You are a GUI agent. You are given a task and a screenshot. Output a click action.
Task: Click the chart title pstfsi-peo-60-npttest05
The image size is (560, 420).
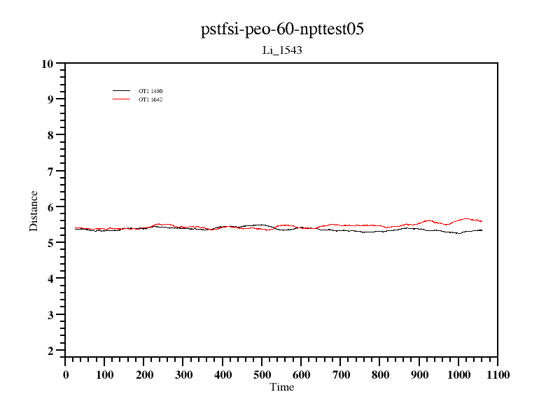pyautogui.click(x=282, y=29)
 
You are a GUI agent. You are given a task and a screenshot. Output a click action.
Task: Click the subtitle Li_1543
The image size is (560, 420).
pyautogui.click(x=281, y=50)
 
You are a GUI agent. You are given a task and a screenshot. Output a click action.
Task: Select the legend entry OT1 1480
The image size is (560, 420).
pyautogui.click(x=150, y=91)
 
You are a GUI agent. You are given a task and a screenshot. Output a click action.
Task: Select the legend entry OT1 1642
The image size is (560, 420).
pyautogui.click(x=150, y=99)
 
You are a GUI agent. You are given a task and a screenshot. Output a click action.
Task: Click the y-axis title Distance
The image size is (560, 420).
pyautogui.click(x=34, y=211)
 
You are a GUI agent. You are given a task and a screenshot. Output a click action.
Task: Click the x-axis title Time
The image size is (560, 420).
pyautogui.click(x=282, y=387)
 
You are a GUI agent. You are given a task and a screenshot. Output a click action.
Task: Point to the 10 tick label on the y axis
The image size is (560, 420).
pyautogui.click(x=48, y=64)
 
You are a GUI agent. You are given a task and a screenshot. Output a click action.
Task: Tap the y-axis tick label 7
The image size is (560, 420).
pyautogui.click(x=50, y=171)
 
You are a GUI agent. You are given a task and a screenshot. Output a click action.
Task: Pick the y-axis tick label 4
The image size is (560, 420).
pyautogui.click(x=50, y=279)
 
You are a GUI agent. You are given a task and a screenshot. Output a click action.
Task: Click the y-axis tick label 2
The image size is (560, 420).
pyautogui.click(x=50, y=351)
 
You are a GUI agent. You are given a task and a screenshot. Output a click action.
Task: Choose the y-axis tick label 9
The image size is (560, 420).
pyautogui.click(x=50, y=99)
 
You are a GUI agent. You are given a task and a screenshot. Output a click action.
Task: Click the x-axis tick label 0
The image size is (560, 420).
pyautogui.click(x=66, y=375)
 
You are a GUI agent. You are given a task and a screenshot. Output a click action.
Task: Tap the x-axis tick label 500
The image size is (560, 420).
pyautogui.click(x=262, y=375)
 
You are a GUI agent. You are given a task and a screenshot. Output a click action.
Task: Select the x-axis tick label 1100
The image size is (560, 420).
pyautogui.click(x=498, y=375)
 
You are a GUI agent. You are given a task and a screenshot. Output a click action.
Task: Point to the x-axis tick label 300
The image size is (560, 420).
pyautogui.click(x=183, y=375)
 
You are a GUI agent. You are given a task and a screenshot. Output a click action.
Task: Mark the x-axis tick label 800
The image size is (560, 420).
pyautogui.click(x=380, y=375)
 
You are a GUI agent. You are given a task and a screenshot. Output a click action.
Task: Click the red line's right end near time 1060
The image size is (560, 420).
pyautogui.click(x=482, y=221)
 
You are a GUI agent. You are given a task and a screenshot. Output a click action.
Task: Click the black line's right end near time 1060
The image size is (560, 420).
pyautogui.click(x=482, y=230)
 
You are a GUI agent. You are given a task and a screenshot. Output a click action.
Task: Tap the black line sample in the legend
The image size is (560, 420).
pyautogui.click(x=122, y=91)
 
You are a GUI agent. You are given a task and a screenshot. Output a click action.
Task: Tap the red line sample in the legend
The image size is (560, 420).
pyautogui.click(x=122, y=99)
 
